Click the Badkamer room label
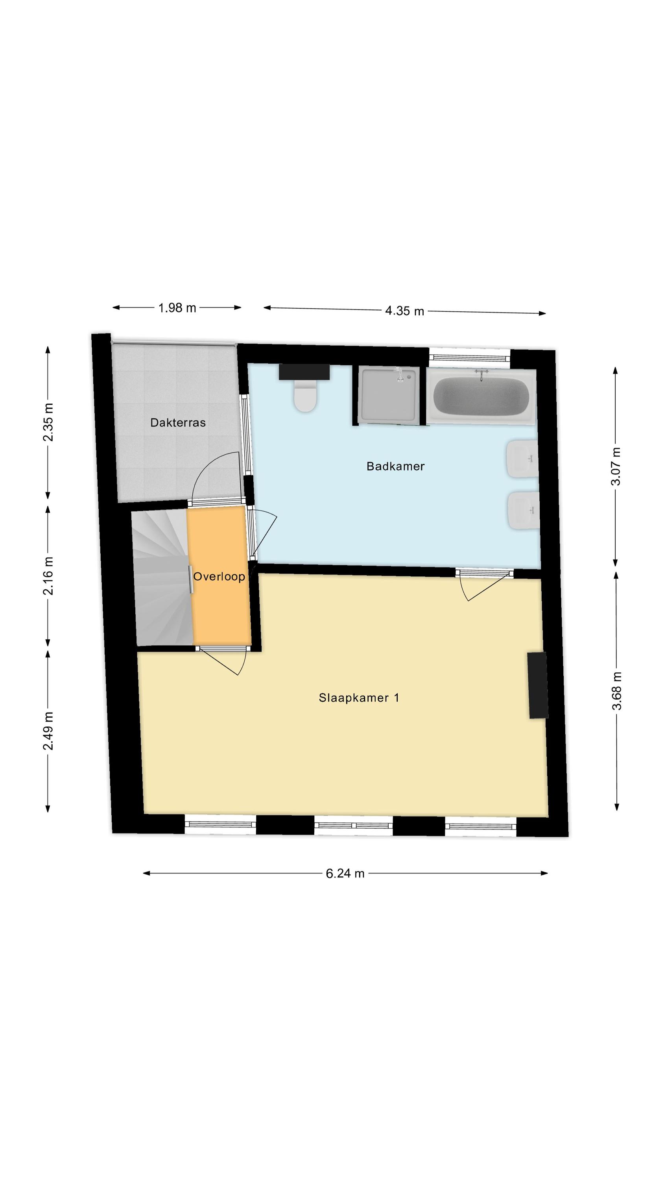coord(395,466)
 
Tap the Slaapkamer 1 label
coord(359,698)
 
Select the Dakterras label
coord(178,423)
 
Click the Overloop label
coord(219,577)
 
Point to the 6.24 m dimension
coord(345,874)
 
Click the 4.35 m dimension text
coord(405,311)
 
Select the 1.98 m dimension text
coord(177,307)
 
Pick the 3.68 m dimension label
coord(617,691)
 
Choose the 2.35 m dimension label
coord(48,422)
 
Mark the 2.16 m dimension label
coord(48,576)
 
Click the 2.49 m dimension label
coord(48,731)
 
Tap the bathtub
coord(481,396)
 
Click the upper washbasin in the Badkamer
coord(522,459)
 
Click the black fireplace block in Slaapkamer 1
coord(537,685)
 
